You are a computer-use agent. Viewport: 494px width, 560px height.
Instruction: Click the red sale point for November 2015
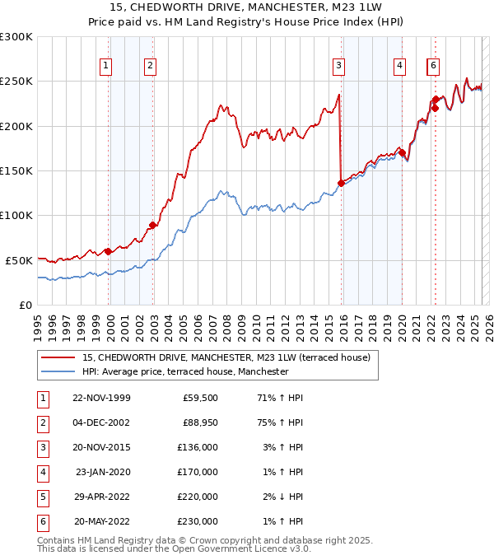click(341, 183)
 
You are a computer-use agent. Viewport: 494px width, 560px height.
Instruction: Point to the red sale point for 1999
click(108, 251)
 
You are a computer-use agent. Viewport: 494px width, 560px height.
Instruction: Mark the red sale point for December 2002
click(152, 225)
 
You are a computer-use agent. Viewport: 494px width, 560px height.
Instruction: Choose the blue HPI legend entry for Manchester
click(185, 371)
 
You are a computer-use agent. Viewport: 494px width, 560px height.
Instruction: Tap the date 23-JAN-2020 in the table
click(103, 472)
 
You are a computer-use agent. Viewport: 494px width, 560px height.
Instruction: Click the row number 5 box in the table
click(41, 497)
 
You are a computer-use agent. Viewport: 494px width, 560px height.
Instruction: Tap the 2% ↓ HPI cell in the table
click(282, 497)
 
